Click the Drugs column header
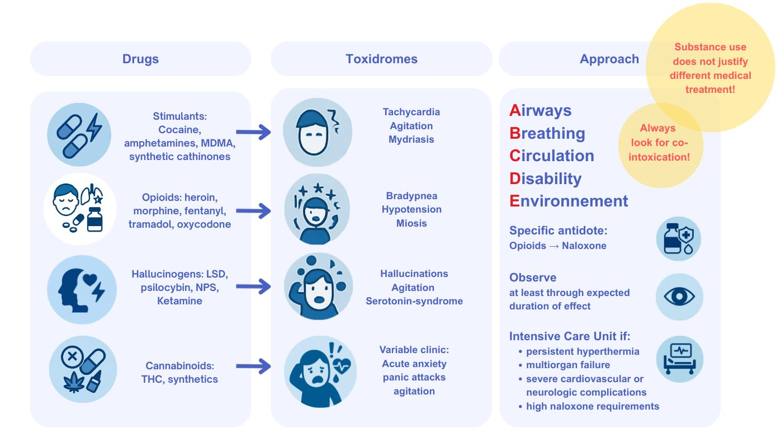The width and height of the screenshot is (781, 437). tap(140, 59)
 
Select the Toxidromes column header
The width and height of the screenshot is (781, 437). tap(381, 59)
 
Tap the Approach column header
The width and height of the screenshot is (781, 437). tap(609, 59)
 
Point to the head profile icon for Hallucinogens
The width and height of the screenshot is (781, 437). tap(82, 289)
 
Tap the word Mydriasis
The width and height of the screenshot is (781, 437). tap(411, 139)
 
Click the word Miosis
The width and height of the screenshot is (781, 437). tap(411, 223)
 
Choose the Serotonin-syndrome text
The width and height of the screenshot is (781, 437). tap(414, 301)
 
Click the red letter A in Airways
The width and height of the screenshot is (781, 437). tap(515, 111)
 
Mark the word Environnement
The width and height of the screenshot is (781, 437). tap(569, 201)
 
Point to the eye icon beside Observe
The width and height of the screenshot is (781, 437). tap(679, 297)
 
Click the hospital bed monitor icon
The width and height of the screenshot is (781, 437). tap(679, 359)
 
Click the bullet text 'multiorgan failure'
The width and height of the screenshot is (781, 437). tap(568, 365)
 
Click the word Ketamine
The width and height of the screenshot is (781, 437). tap(179, 301)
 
